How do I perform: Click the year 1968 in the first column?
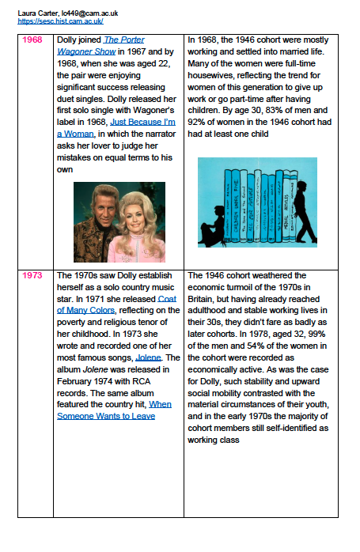coord(32,40)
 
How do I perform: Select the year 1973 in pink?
coord(32,275)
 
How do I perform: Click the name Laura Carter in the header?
coord(38,13)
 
